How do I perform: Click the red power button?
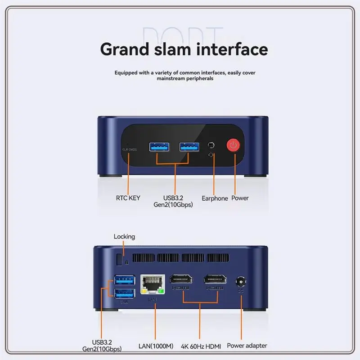[233, 145]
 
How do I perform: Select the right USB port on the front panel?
[189, 146]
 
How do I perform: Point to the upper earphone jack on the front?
[211, 145]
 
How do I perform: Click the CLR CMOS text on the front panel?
[130, 149]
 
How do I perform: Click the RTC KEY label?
[128, 198]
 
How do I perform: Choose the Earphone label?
[215, 198]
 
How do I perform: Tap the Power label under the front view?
[240, 198]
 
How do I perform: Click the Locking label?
[124, 236]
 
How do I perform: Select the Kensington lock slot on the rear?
[119, 260]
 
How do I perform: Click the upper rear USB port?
[124, 279]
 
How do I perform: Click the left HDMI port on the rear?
[180, 280]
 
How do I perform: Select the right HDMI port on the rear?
[215, 280]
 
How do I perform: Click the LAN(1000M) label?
[155, 346]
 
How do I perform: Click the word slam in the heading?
[172, 49]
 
